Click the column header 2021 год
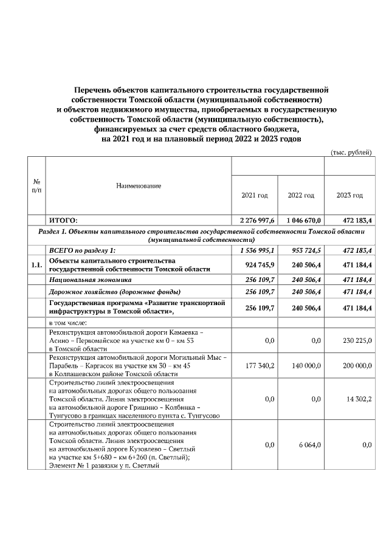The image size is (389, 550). tap(254, 195)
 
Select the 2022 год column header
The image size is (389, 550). tap(301, 195)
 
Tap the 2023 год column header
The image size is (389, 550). tap(349, 195)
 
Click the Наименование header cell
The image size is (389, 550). tap(139, 185)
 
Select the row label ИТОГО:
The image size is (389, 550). tap(63, 220)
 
